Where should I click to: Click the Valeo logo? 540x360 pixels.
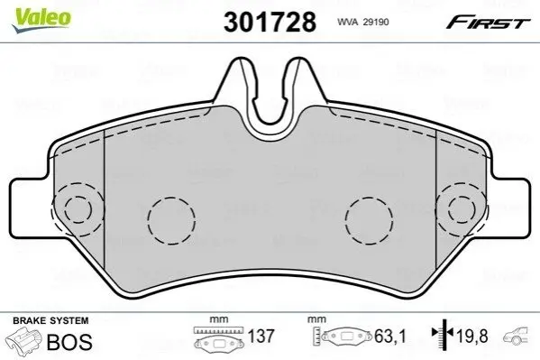[41, 19]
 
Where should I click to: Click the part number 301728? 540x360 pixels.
[270, 22]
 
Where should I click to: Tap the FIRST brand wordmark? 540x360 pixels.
[489, 22]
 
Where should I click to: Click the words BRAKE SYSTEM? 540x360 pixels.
[50, 320]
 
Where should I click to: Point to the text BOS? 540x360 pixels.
[69, 342]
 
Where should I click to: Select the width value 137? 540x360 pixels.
[261, 337]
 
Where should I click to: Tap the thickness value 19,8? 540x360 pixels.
[472, 336]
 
